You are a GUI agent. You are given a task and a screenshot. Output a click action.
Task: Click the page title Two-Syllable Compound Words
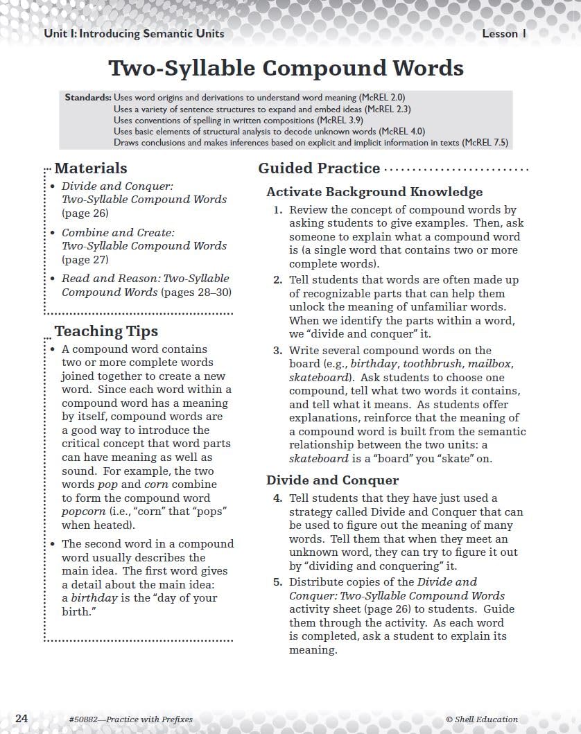coord(286,68)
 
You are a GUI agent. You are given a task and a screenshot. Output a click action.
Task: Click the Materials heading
coord(91,168)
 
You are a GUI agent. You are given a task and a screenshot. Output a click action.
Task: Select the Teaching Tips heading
coord(106,331)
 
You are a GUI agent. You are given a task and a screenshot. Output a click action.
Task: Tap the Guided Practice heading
coord(319,168)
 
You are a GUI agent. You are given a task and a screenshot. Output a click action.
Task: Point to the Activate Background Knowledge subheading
coord(374,192)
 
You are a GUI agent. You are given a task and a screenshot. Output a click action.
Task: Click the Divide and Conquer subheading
coord(332,480)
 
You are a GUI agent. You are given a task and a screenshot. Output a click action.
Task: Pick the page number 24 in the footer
coord(21,719)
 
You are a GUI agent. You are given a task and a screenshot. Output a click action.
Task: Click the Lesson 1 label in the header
coord(505,34)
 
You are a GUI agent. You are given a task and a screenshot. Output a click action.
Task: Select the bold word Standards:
coord(88,98)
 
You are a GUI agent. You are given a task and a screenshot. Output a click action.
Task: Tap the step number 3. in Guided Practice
coord(277,351)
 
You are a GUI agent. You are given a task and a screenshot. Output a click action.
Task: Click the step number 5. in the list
coord(277,582)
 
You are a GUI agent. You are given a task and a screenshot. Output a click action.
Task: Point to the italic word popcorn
coord(83,511)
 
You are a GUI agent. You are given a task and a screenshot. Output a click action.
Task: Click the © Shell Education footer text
coord(482,719)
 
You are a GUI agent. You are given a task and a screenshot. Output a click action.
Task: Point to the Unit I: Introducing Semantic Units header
coord(134,34)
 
